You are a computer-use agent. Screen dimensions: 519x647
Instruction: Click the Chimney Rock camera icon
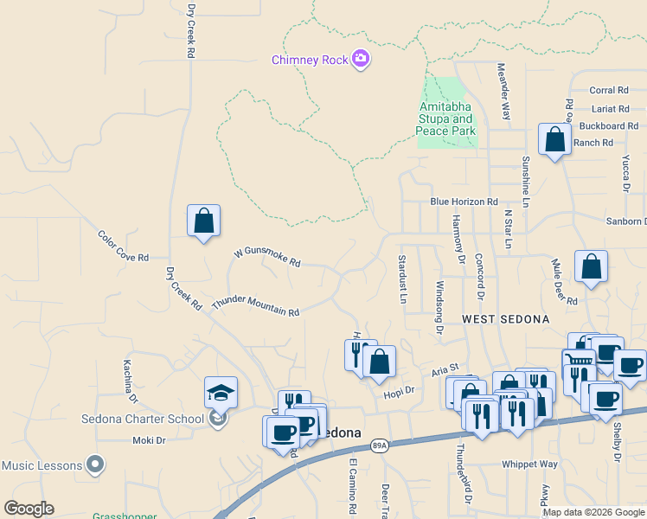[361, 60]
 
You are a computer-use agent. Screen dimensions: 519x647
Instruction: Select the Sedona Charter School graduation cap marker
[221, 393]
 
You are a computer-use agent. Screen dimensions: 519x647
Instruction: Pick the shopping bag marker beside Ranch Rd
[554, 139]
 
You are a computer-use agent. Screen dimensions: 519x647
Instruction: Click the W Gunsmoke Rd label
[267, 258]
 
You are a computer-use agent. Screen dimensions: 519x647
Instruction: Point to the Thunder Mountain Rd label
[255, 305]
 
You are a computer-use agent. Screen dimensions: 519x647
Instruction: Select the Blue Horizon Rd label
[464, 202]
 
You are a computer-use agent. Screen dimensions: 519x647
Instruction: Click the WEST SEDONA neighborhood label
[505, 319]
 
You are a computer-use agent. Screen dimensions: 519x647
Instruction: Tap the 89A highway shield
[379, 445]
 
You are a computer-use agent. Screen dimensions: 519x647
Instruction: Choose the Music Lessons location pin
[97, 465]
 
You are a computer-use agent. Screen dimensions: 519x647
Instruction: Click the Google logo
[29, 509]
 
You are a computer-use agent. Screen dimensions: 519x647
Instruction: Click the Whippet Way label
[529, 464]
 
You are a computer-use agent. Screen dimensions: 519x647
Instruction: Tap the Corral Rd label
[608, 90]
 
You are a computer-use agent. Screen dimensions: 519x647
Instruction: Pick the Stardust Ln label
[402, 279]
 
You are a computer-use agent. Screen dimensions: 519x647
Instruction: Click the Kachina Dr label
[131, 381]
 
